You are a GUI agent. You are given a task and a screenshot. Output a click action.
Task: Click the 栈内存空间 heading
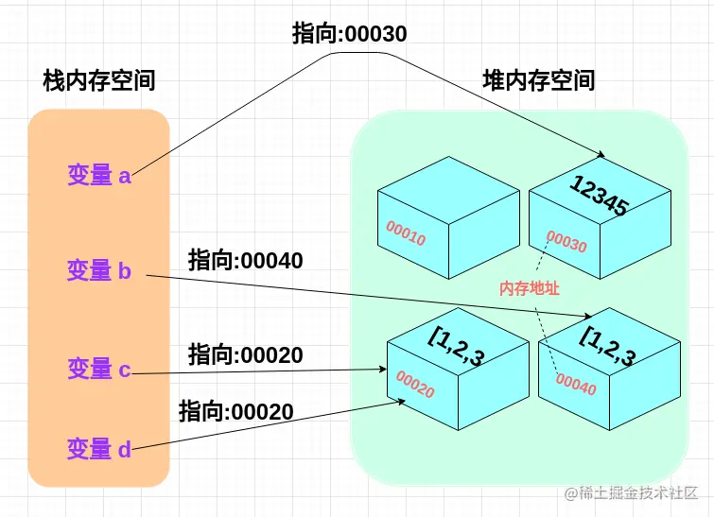point(99,81)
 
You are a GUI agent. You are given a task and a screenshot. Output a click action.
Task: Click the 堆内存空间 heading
point(539,80)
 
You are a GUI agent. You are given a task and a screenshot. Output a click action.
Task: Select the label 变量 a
point(99,175)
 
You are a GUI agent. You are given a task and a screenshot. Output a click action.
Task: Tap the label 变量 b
point(99,271)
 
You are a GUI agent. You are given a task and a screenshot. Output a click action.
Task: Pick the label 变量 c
point(99,369)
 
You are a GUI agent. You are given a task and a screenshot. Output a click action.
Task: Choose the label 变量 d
point(99,449)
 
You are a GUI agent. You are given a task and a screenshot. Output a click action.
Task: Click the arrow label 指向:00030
point(350,34)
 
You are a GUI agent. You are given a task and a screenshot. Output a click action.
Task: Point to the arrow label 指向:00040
point(246,260)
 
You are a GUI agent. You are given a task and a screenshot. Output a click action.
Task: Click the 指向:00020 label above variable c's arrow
point(246,355)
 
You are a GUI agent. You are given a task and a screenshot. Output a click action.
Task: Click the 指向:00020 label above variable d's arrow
point(236,411)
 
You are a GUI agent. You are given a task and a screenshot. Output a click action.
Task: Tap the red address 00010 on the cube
point(406,233)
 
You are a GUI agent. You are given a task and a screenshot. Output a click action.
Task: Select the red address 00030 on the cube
point(566,243)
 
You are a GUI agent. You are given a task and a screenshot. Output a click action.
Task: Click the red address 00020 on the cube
point(415,384)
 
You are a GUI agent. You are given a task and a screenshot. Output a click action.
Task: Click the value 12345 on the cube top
point(599,196)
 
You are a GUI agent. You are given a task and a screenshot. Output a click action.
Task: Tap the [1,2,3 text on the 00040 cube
point(607,345)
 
